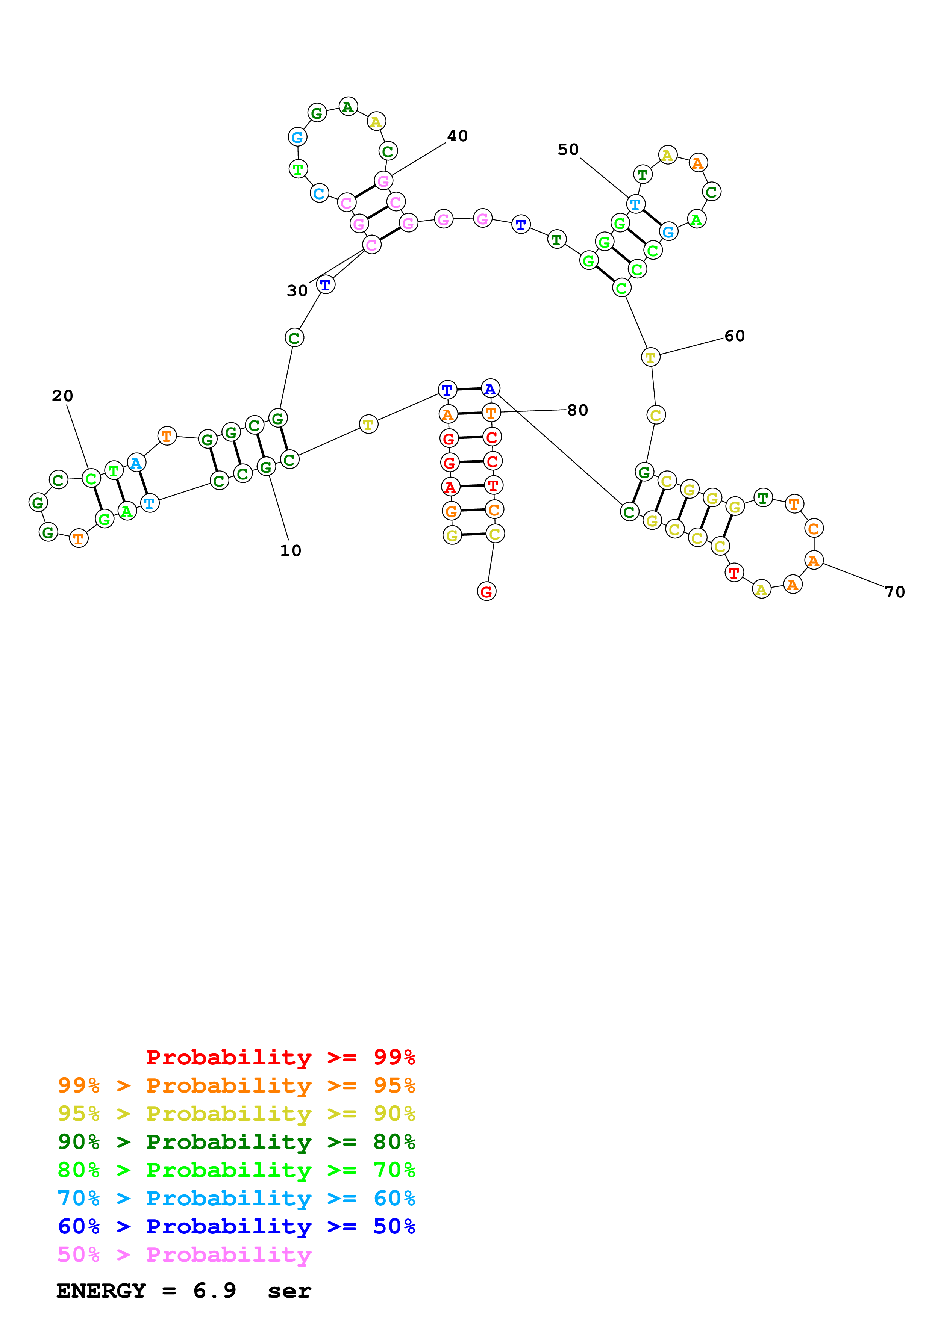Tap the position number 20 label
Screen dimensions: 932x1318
pos(62,396)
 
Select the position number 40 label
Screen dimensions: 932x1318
pos(457,136)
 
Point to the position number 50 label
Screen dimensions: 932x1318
pos(568,150)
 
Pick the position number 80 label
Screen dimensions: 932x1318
pos(578,410)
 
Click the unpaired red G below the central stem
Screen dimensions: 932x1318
pos(486,591)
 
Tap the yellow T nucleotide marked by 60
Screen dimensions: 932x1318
pos(650,357)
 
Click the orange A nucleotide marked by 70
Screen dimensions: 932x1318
pos(814,560)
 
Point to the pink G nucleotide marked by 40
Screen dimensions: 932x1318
pos(383,181)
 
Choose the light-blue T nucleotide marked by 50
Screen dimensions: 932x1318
pos(635,204)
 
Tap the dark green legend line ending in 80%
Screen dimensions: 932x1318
pos(236,1142)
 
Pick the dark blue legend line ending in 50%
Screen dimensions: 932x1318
pos(236,1226)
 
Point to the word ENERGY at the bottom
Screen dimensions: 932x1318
pos(101,1291)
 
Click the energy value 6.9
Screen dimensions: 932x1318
pos(214,1291)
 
